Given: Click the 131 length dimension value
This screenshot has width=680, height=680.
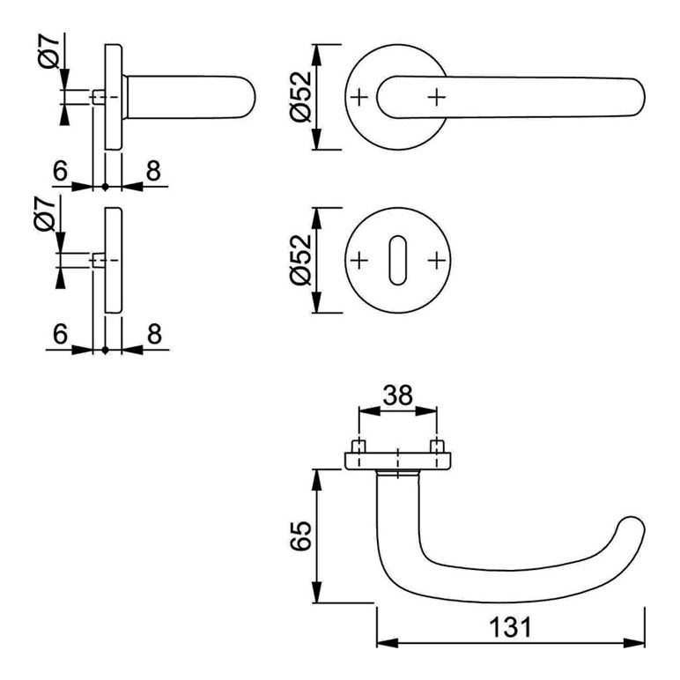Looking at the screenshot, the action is point(510,627).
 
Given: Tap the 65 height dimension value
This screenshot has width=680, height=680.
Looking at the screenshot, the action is point(301,536).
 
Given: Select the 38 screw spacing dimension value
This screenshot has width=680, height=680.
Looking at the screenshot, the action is point(398,395).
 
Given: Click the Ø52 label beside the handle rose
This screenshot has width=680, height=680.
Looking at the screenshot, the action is point(301,97).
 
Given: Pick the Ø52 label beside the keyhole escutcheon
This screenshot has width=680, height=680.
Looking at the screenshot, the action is point(301,260).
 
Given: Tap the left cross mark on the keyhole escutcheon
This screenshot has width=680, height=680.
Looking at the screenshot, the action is point(359,260).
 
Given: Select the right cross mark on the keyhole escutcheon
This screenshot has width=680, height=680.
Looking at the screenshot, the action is point(437,260).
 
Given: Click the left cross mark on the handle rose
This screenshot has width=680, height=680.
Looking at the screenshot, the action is point(359,97).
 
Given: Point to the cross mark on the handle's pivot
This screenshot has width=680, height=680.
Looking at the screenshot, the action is point(437,97).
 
